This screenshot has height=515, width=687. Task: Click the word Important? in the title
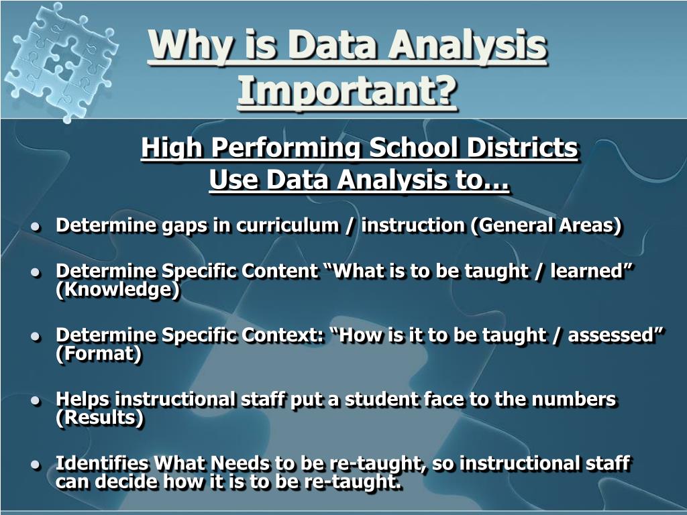[348, 92]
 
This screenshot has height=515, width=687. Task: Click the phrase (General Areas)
[546, 225]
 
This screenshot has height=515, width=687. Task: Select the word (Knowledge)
[118, 290]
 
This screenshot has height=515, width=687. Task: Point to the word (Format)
[99, 353]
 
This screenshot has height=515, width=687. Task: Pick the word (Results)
[100, 418]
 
